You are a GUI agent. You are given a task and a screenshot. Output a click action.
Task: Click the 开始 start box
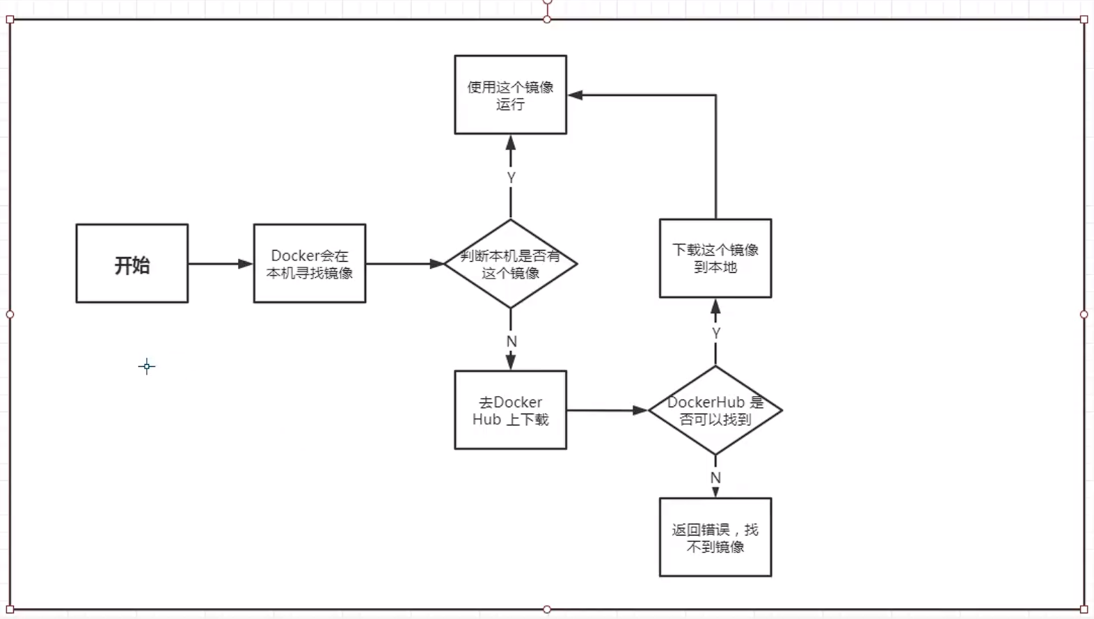(132, 263)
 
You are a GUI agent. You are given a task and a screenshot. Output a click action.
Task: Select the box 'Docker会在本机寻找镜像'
(310, 263)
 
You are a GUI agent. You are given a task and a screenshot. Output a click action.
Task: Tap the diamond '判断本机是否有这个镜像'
(511, 264)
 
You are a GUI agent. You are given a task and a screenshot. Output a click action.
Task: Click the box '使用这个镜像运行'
(510, 95)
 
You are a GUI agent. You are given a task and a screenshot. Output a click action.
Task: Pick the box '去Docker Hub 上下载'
(510, 410)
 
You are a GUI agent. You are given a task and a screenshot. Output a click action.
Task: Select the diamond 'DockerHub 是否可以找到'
(715, 410)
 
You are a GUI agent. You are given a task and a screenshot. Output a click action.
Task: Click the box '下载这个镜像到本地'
(715, 258)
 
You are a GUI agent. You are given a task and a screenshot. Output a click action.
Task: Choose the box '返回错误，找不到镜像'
(715, 538)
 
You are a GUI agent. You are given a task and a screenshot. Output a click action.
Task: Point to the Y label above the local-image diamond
(512, 178)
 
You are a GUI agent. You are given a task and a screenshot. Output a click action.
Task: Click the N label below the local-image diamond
(512, 342)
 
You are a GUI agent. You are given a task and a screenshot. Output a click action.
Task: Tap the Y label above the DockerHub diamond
(716, 334)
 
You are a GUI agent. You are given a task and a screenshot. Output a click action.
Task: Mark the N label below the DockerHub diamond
(715, 478)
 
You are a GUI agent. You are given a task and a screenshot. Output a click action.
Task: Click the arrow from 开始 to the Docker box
(219, 264)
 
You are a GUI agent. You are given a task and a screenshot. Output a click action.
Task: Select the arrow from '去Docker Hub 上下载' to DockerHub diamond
(605, 411)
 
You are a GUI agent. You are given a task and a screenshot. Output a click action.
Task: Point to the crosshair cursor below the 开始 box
(147, 366)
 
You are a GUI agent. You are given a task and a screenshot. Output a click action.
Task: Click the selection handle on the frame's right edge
(1084, 315)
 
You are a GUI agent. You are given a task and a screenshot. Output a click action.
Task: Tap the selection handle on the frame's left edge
(10, 315)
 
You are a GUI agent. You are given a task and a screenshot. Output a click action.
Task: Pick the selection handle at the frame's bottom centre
(547, 609)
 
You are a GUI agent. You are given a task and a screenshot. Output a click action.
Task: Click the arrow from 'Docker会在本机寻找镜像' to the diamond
(404, 264)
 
